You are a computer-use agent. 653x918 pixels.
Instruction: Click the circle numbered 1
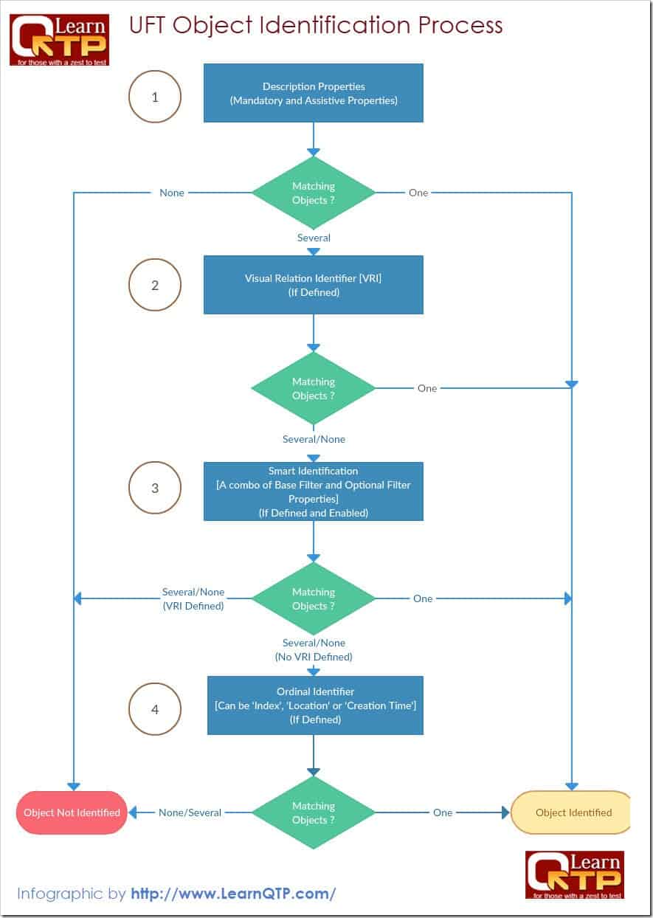pos(155,96)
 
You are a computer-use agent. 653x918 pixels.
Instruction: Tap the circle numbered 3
pos(155,488)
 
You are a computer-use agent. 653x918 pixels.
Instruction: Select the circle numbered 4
pos(155,709)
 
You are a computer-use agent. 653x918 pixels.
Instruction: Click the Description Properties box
pos(314,93)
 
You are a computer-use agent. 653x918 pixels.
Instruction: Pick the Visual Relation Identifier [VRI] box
pos(314,285)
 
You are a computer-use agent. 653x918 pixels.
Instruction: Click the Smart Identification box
pos(314,491)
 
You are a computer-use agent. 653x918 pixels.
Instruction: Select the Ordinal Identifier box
pos(315,705)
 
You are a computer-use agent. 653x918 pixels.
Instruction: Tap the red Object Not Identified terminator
pos(72,812)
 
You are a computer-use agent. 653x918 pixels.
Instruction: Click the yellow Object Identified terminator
pos(572,812)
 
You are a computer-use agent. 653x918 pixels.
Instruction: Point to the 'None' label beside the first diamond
pos(172,193)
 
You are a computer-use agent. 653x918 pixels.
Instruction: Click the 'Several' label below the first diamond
pos(314,238)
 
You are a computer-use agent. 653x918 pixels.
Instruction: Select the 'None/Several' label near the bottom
pos(190,812)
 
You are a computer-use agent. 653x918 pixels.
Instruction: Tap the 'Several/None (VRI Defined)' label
pos(193,598)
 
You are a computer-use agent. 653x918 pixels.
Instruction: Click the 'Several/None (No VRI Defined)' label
pos(314,649)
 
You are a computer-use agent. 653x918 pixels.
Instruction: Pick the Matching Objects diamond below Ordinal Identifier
pos(314,812)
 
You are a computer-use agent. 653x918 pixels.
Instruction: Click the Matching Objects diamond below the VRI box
pos(314,388)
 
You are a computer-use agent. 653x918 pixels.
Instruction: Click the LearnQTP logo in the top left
pos(59,40)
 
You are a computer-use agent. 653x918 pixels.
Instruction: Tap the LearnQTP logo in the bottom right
pos(574,874)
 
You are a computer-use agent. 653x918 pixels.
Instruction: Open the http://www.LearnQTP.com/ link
pos(233,894)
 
